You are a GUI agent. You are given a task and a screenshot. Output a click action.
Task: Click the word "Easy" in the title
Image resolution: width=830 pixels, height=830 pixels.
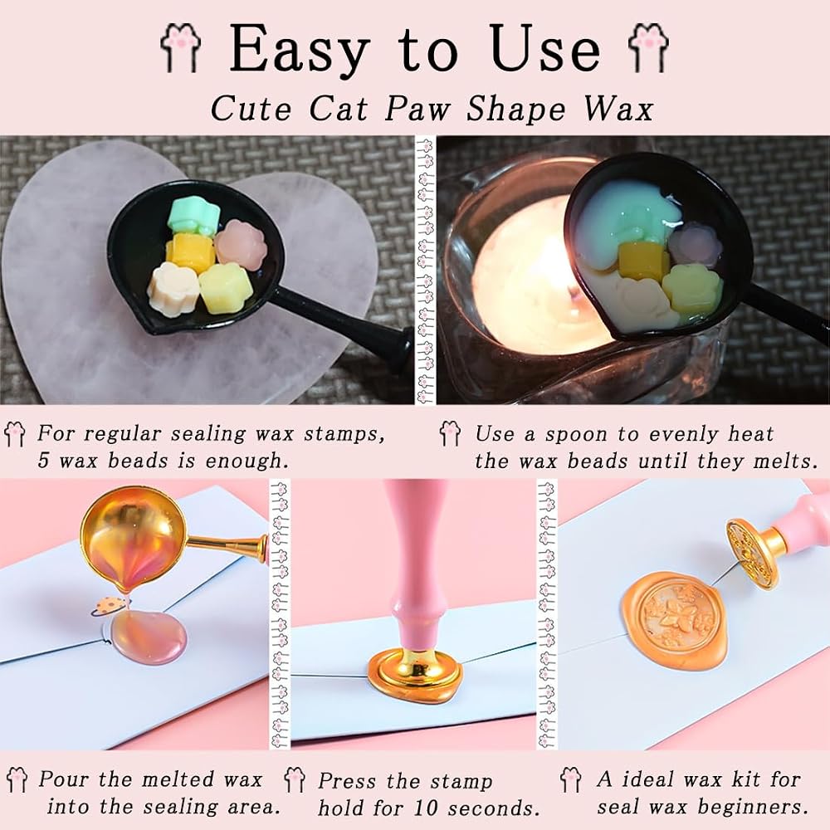tap(300, 48)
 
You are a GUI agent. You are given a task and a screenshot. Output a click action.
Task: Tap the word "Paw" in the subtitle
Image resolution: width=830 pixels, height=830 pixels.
tap(418, 109)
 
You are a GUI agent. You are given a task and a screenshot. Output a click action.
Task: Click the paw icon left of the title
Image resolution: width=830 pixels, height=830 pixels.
tap(180, 47)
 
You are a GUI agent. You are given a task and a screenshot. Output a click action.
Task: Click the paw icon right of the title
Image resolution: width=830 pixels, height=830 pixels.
tap(648, 47)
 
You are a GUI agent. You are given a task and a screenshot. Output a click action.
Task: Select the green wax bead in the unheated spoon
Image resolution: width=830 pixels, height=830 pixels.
tap(193, 216)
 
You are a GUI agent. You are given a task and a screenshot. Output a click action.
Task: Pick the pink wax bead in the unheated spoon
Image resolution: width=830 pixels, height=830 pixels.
tap(240, 245)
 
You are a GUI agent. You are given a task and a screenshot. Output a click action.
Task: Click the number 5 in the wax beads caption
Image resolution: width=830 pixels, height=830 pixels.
tap(43, 461)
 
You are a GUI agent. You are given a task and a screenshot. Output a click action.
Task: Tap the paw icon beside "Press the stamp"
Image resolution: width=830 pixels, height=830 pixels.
tap(294, 779)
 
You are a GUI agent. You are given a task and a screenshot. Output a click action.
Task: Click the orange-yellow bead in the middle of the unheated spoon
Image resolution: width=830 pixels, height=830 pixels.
tap(191, 252)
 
